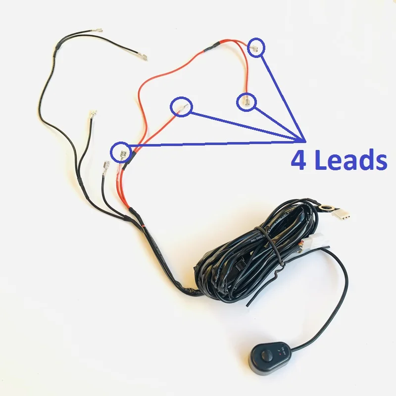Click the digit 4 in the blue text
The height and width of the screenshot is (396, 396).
pos(298,161)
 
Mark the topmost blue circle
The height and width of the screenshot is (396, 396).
pos(256,48)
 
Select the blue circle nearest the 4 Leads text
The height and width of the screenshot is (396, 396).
pos(246,101)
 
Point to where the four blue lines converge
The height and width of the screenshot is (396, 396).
pos(302,141)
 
